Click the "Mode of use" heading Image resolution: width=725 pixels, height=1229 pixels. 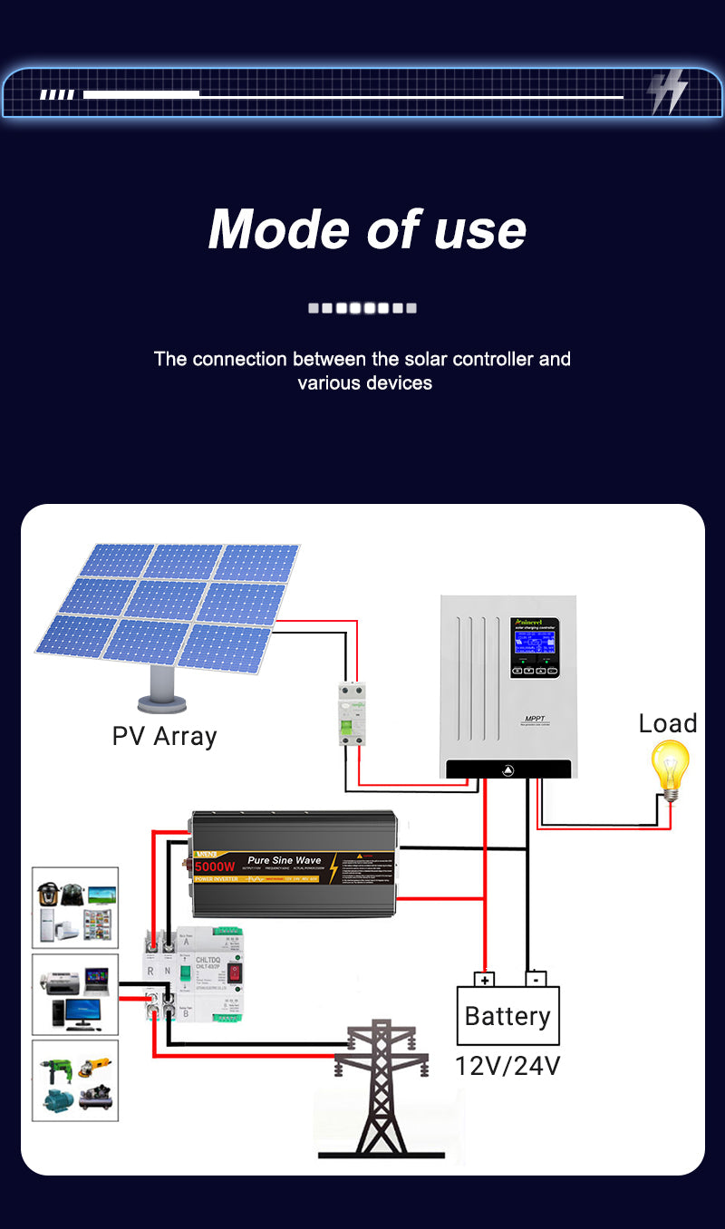click(367, 228)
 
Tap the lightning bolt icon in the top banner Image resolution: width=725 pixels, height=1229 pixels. click(668, 92)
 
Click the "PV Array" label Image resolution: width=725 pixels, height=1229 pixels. click(164, 736)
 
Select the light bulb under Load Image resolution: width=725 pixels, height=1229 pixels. click(671, 769)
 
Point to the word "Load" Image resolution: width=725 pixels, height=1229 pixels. click(668, 723)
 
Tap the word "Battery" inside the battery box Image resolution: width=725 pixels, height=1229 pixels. click(507, 1016)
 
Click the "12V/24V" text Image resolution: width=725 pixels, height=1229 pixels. click(507, 1066)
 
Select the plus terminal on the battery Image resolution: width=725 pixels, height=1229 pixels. click(486, 980)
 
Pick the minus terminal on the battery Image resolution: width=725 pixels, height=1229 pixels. click(536, 979)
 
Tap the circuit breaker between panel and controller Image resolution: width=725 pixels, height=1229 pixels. click(352, 715)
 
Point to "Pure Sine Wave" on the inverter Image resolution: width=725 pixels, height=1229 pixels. click(284, 860)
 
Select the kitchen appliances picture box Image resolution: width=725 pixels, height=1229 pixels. click(75, 908)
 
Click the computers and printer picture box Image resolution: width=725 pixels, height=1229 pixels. click(75, 994)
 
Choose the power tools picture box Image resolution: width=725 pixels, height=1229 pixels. click(75, 1079)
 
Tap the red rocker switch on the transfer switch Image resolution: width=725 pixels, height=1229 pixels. click(236, 974)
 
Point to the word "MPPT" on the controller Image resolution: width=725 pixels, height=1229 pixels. click(533, 720)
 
